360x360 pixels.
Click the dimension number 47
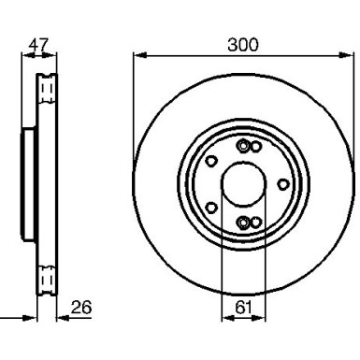pos(38,43)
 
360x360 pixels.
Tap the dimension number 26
pos(81,306)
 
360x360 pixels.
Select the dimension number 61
pos(243,306)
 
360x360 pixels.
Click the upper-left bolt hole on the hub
pos(212,160)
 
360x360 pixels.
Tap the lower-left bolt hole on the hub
pos(212,207)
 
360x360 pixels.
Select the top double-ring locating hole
pos(243,145)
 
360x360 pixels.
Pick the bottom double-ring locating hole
pos(243,222)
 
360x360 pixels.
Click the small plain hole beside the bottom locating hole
pos(255,222)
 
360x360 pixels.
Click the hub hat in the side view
pos(26,183)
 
